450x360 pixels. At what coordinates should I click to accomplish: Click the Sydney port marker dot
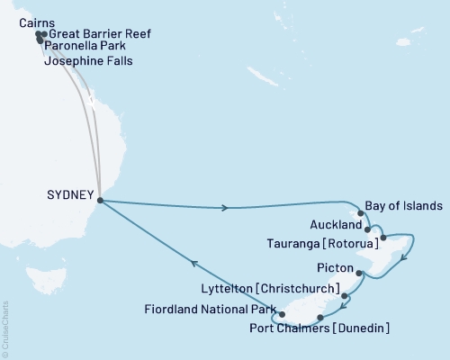(x=99, y=201)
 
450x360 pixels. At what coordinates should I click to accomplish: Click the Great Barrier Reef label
(x=100, y=34)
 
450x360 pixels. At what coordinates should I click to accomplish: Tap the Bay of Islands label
(x=406, y=205)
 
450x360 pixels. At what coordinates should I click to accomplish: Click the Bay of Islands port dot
(x=362, y=214)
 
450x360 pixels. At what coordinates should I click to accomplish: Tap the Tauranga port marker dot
(x=383, y=238)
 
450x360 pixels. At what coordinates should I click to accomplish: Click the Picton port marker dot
(x=359, y=273)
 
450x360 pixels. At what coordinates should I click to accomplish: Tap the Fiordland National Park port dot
(x=282, y=315)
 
